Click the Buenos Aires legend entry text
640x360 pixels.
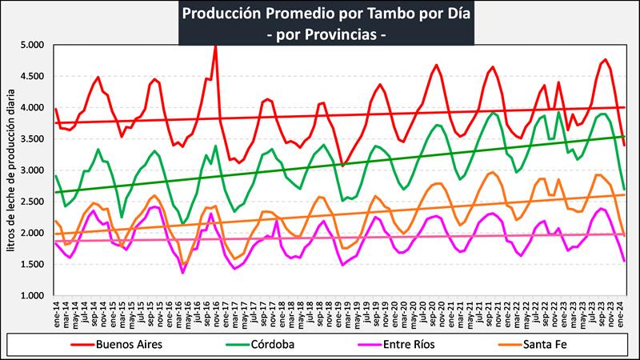point(130,346)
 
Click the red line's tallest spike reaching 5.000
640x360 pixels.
point(215,47)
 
